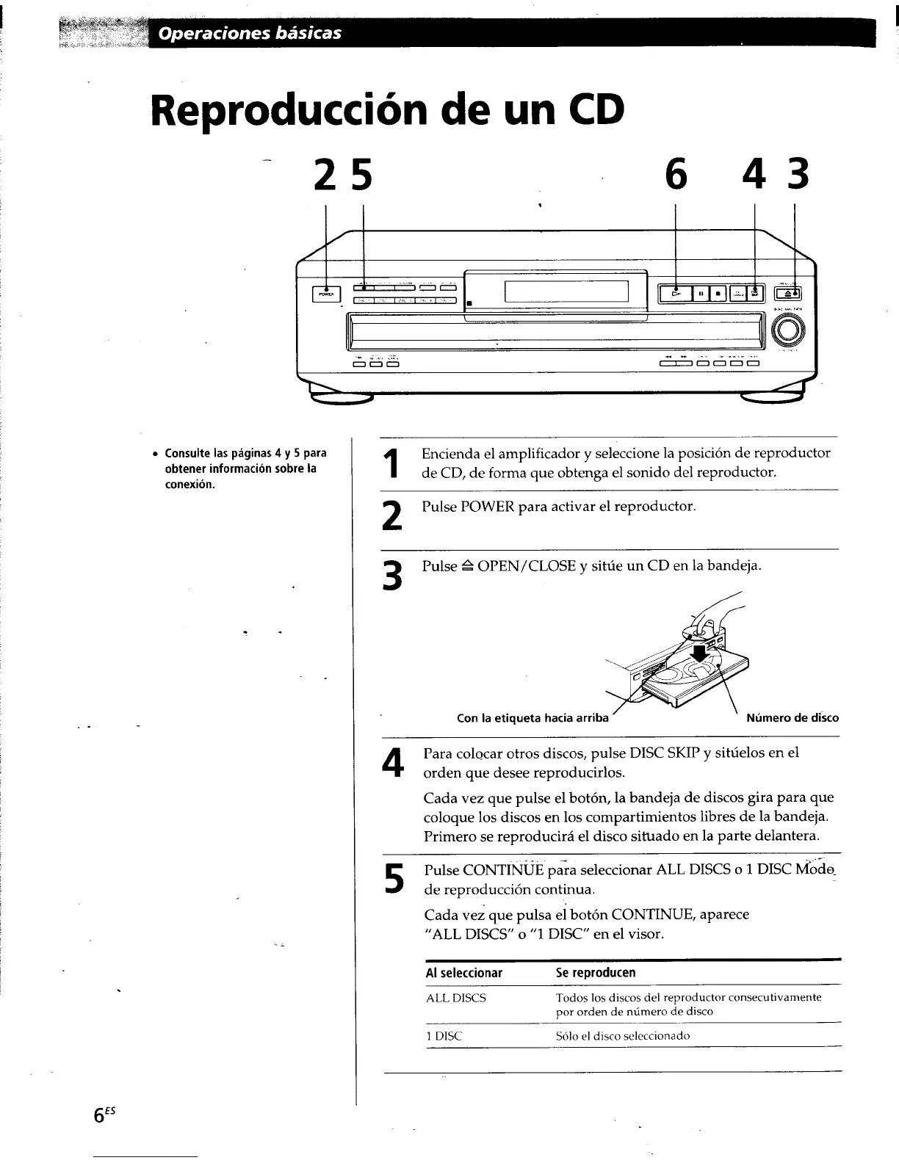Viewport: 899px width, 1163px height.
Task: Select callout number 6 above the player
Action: tap(674, 175)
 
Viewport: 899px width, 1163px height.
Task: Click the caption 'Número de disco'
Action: tap(792, 718)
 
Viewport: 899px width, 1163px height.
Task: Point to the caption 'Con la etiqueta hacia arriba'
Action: tap(532, 718)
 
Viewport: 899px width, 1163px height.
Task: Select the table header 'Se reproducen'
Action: tap(595, 973)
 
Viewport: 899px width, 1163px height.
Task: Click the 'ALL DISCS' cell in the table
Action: tap(456, 999)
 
